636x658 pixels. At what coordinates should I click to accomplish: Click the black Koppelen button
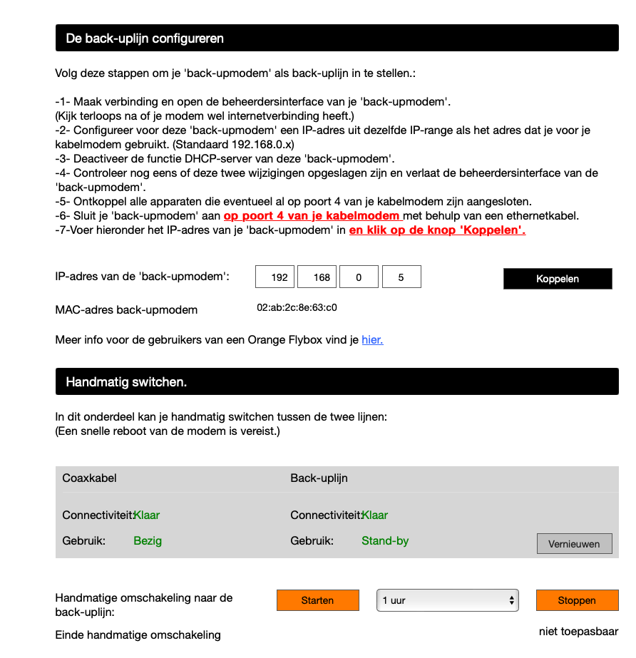[x=557, y=279]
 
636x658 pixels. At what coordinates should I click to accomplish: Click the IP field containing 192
[x=275, y=277]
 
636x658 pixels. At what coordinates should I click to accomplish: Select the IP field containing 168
[x=317, y=277]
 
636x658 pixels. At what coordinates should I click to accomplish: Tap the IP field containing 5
[x=401, y=277]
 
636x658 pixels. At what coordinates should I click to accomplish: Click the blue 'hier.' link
[x=372, y=340]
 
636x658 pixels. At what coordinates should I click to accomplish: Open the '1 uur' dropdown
[x=447, y=600]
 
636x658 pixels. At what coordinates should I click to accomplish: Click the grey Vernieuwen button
[x=574, y=543]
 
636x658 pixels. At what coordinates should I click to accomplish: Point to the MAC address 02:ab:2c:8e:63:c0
[x=297, y=309]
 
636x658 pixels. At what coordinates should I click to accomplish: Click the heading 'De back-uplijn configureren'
[x=145, y=38]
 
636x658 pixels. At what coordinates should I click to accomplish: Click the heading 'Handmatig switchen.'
[x=126, y=382]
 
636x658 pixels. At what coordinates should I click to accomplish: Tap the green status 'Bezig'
[x=148, y=540]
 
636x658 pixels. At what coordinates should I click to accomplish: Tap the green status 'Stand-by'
[x=385, y=540]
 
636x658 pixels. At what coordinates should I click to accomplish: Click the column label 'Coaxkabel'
[x=89, y=478]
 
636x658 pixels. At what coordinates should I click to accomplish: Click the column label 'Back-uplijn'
[x=319, y=478]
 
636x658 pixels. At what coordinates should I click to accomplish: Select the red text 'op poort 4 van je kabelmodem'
[x=312, y=216]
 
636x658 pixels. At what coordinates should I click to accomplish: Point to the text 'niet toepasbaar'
[x=578, y=632]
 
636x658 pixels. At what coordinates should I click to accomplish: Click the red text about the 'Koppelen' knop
[x=437, y=230]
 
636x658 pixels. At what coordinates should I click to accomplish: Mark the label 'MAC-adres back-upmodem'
[x=126, y=310]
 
